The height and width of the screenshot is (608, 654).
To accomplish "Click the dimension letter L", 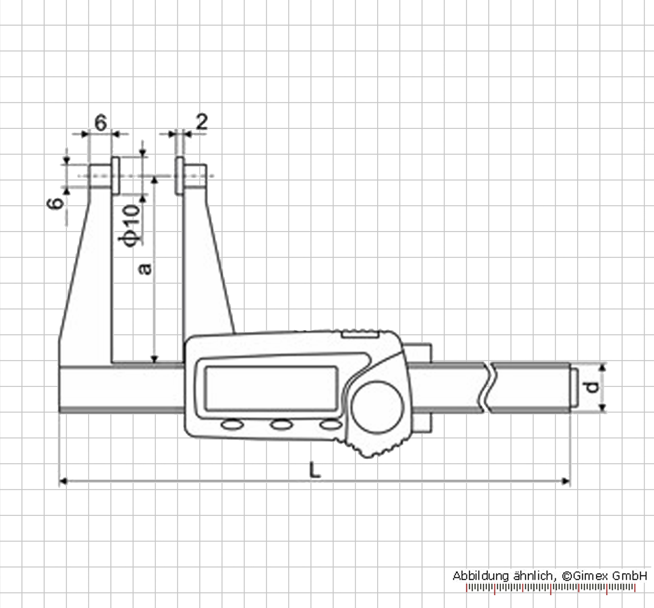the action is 315,469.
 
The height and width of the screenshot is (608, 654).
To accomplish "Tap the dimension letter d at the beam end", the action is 593,388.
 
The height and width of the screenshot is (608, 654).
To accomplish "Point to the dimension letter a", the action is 146,268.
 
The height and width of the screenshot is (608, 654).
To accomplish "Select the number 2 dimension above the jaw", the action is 201,122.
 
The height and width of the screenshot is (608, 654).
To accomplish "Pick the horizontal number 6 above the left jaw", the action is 101,123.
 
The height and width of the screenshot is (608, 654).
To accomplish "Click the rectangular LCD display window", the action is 271,388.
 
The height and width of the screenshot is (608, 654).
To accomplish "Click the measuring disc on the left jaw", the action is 116,175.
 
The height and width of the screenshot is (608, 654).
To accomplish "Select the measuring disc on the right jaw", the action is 179,175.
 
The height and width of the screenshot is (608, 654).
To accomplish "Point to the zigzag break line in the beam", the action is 488,388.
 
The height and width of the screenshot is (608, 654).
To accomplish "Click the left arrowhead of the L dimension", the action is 63,481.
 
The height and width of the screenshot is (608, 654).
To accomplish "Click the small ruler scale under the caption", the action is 551,588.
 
